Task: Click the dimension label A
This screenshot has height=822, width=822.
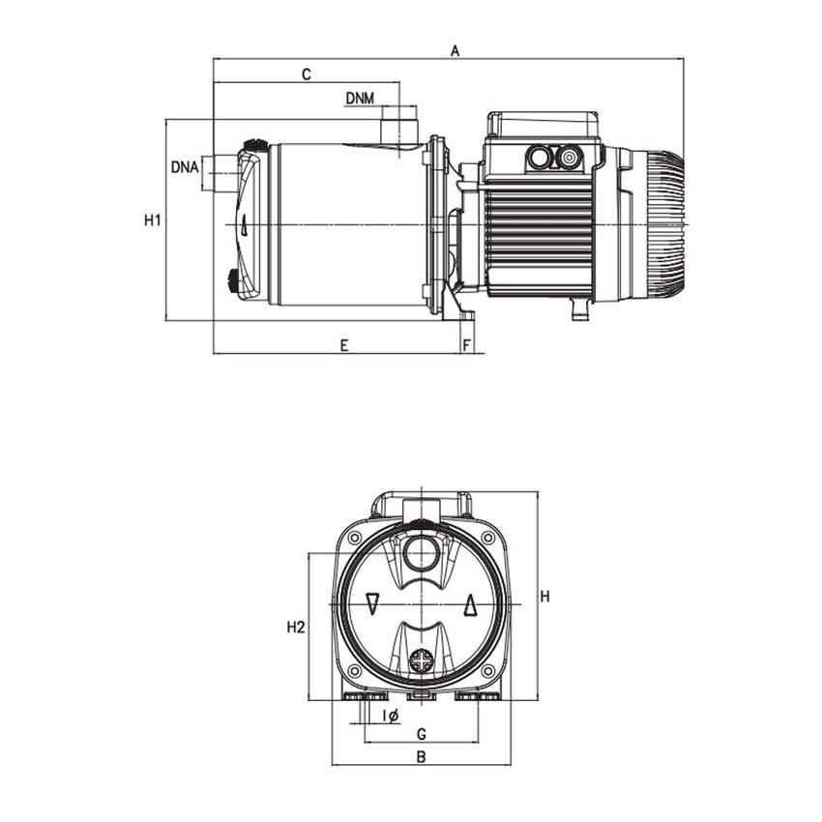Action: point(455,51)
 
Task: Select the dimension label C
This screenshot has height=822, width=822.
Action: point(306,74)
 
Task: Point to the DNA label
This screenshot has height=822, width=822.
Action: point(185,166)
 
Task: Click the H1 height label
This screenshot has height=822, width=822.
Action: point(152,220)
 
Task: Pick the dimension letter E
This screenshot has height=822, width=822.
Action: point(343,344)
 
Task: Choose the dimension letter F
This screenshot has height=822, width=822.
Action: point(467,344)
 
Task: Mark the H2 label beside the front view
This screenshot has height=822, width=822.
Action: point(296,628)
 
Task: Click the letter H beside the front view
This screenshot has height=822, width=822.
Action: point(544,597)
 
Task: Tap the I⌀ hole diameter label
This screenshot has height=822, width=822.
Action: point(391,716)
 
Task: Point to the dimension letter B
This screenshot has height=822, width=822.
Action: point(421,757)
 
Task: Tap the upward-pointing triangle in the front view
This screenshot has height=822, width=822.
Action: point(469,604)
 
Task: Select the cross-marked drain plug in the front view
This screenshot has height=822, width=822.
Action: point(422,662)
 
